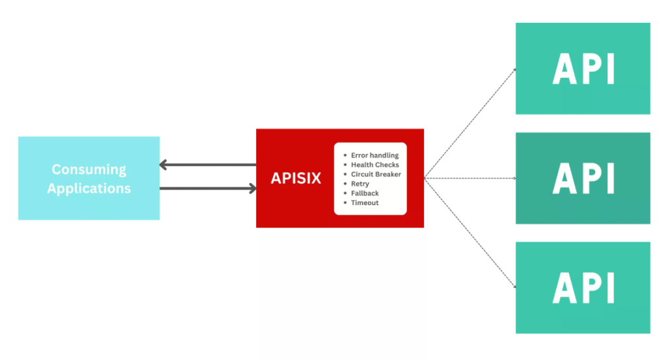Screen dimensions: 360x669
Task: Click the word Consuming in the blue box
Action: (89, 169)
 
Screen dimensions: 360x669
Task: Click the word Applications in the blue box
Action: (89, 189)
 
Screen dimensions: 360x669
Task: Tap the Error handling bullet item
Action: (374, 155)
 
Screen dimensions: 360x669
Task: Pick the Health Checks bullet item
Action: (374, 165)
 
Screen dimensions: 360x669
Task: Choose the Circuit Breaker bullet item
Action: (376, 174)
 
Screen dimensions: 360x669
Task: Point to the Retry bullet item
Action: (360, 184)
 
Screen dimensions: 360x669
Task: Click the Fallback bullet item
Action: (365, 193)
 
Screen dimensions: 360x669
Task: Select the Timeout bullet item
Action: (365, 203)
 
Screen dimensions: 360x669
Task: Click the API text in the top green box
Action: (583, 69)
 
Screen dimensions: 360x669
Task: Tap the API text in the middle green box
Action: (583, 178)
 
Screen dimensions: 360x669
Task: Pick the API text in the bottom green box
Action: (583, 287)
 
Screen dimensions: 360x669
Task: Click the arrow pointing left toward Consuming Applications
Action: (207, 165)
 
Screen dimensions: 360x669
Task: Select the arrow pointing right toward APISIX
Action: (207, 189)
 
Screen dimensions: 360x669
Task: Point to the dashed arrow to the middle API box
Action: (470, 178)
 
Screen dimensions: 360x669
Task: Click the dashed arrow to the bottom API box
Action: (470, 233)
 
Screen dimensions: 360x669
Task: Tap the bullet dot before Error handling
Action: (345, 155)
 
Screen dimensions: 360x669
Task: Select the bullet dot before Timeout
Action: (345, 203)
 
